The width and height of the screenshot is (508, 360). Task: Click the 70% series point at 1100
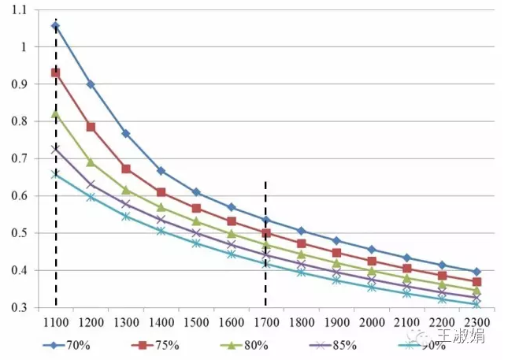[x=56, y=26]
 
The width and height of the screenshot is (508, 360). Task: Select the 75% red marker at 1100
[x=56, y=72]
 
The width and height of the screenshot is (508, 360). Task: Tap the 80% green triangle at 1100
[x=56, y=113]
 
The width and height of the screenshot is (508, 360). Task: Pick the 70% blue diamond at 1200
[x=91, y=84]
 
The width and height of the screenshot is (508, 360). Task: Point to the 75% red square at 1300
[x=126, y=169]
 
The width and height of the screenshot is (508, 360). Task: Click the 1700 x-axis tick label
[x=266, y=323]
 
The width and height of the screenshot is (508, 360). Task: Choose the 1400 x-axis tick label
[x=161, y=323]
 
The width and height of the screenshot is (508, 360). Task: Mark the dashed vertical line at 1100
[x=56, y=236]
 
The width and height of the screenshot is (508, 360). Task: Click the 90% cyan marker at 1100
[x=56, y=174]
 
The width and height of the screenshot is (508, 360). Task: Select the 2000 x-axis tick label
[x=371, y=323]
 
